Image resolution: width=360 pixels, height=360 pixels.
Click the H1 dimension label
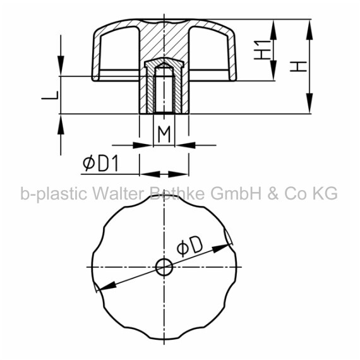click(x=263, y=50)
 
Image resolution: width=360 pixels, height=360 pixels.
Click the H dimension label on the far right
click(x=298, y=66)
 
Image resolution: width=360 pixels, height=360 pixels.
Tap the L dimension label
click(x=50, y=95)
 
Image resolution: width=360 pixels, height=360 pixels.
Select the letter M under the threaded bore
click(x=164, y=135)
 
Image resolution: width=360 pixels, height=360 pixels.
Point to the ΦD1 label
click(x=100, y=163)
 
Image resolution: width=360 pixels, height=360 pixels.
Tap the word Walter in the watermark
click(x=119, y=193)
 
